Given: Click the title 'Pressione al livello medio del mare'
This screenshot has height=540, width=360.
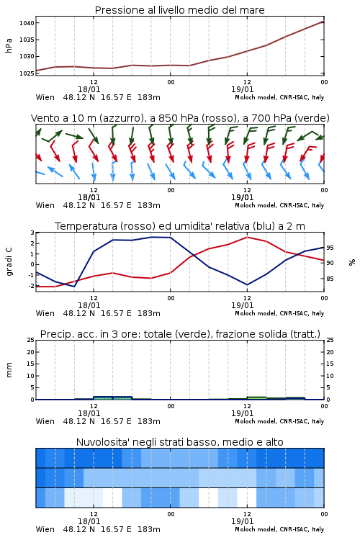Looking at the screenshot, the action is tap(179, 10).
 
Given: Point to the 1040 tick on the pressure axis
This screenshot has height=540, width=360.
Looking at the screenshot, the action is tap(27, 23).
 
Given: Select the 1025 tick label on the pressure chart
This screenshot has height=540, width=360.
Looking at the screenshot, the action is tap(27, 73).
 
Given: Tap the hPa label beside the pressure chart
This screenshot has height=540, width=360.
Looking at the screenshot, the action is tap(9, 45).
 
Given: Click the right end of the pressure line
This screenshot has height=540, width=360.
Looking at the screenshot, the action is tap(324, 22).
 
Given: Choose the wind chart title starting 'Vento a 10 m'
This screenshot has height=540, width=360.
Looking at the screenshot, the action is tap(180, 118).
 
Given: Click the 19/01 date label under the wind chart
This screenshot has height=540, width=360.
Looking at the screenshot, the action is tap(242, 197).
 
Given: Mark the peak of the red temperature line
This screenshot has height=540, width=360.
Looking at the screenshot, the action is tap(247, 237).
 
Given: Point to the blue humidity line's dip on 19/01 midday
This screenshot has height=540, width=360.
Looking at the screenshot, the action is tap(247, 284).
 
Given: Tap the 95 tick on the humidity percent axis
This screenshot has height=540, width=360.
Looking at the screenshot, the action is tap(330, 248).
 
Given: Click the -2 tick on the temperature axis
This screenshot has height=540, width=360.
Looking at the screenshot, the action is tap(31, 286).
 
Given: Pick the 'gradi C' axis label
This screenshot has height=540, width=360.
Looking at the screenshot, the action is tap(9, 262).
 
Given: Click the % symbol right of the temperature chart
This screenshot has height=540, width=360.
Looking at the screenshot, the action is tap(352, 262).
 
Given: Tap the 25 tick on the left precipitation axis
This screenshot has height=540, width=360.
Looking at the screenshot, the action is tap(31, 340).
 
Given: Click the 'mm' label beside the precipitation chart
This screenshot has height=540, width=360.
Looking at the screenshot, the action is tap(9, 370).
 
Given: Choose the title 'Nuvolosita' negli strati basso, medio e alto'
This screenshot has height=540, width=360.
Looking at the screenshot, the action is tap(179, 442).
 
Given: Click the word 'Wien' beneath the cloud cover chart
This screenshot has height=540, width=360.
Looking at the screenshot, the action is tap(45, 529).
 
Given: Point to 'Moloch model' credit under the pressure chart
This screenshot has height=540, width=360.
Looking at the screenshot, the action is tap(256, 97).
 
